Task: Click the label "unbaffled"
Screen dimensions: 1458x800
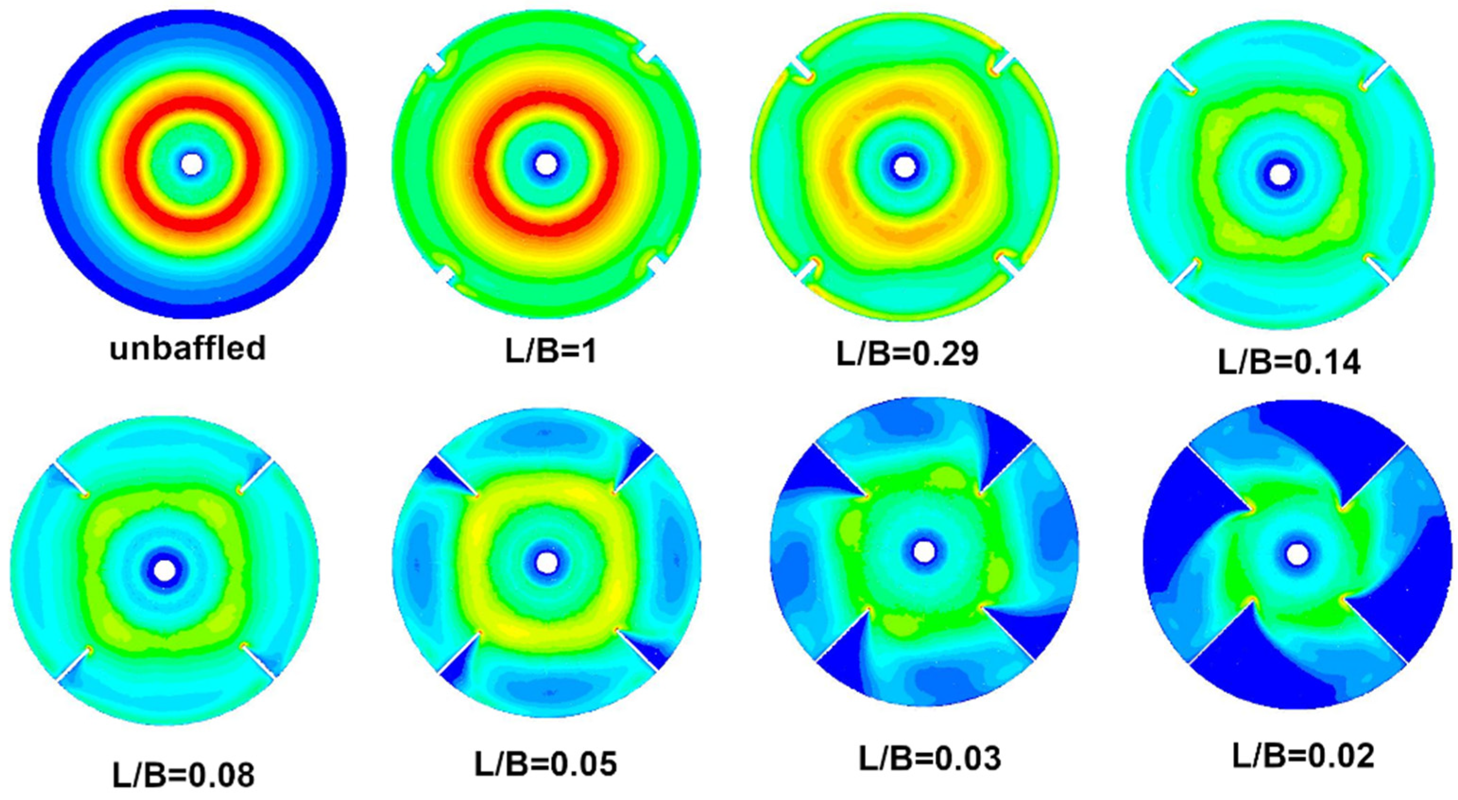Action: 188,348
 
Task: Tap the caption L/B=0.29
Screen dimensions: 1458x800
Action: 907,354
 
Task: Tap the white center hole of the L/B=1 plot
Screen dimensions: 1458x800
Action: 546,164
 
